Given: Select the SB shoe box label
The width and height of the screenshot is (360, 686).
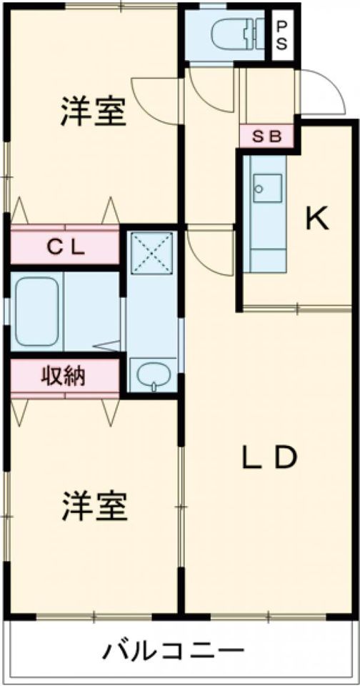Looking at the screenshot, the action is (x=267, y=137).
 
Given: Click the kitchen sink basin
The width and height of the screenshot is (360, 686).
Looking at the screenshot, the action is (x=267, y=188).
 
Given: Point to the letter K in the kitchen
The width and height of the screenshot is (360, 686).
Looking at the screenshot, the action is (x=316, y=219).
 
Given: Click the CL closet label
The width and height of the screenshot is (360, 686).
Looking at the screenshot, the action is (x=65, y=249).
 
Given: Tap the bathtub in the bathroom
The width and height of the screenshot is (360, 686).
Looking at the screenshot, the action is (x=37, y=311).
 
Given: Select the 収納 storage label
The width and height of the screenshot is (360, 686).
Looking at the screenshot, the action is (x=64, y=375).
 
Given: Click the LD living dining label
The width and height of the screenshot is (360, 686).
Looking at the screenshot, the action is (x=270, y=457).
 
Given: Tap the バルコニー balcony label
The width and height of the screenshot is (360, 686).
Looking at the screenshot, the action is (x=173, y=650).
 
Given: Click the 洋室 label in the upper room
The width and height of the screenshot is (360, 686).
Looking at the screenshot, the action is (x=94, y=111).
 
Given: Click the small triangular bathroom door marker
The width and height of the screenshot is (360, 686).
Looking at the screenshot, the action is (x=108, y=346).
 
